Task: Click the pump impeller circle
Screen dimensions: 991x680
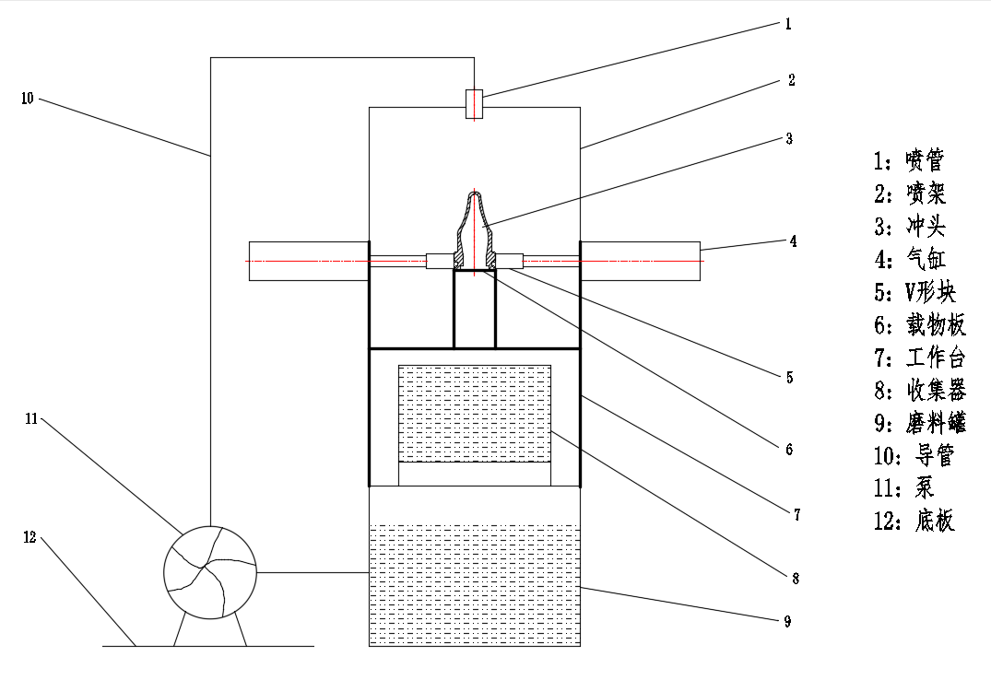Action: pyautogui.click(x=210, y=572)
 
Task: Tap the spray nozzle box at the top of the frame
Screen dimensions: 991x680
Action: pyautogui.click(x=474, y=103)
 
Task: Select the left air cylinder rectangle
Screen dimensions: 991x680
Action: pyautogui.click(x=309, y=261)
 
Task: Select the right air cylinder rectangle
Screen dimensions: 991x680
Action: pyautogui.click(x=640, y=261)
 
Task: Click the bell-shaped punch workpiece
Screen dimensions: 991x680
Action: pyautogui.click(x=475, y=230)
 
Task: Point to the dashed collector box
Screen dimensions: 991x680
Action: pyautogui.click(x=475, y=414)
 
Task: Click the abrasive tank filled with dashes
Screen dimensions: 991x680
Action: pyautogui.click(x=475, y=584)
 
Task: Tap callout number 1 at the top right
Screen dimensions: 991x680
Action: pyautogui.click(x=788, y=24)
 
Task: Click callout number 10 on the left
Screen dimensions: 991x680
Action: pyautogui.click(x=27, y=99)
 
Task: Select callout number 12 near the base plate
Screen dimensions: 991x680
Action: pyautogui.click(x=29, y=537)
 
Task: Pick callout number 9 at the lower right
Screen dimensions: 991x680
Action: pyautogui.click(x=787, y=621)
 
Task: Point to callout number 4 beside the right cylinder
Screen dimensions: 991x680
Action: pyautogui.click(x=793, y=240)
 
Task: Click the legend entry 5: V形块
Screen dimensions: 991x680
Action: pyautogui.click(x=915, y=292)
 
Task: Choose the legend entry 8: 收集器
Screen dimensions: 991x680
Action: pyautogui.click(x=920, y=391)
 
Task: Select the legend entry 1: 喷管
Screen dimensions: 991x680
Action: pyautogui.click(x=909, y=160)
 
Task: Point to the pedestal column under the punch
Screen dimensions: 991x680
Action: pyautogui.click(x=475, y=310)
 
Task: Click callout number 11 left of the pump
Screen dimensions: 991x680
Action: pyautogui.click(x=31, y=418)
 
